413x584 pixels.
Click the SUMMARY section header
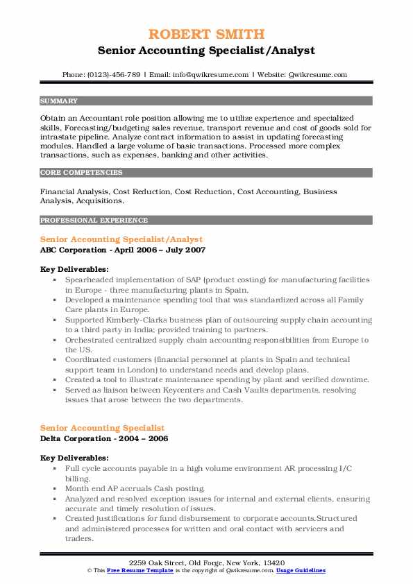59,101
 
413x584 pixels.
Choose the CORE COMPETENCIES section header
76,171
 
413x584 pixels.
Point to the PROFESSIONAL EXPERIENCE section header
94,221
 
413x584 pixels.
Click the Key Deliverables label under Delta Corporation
74,458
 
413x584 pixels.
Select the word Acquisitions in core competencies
99,201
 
